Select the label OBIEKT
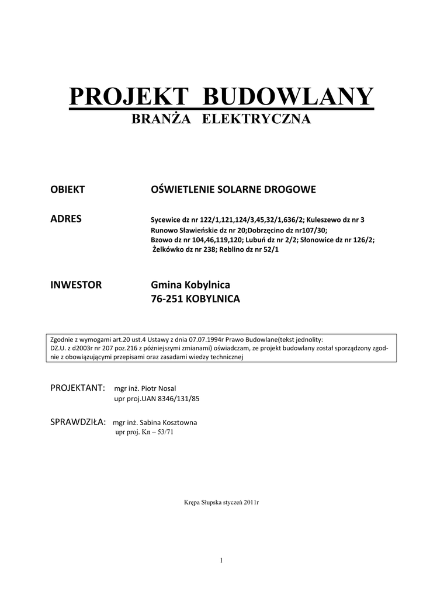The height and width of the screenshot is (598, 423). pos(68,189)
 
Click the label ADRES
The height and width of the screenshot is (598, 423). pos(66,219)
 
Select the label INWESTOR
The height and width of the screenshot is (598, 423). pos(77,285)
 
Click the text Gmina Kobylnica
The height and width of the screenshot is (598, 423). pos(190,285)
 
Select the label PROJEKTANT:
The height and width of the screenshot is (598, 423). pos(78,388)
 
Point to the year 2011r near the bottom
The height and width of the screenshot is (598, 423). pos(251,502)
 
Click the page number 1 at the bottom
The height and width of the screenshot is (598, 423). pos(222,561)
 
